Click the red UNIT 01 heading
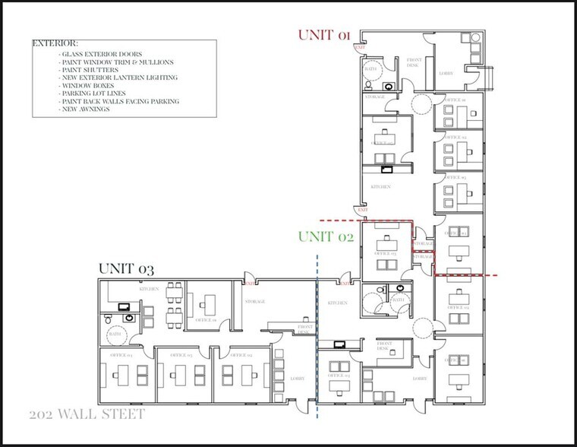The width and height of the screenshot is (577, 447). coord(325,35)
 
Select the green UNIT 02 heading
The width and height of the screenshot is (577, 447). coord(326,236)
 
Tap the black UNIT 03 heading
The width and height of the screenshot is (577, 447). coord(126,269)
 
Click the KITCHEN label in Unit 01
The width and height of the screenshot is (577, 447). coord(380,186)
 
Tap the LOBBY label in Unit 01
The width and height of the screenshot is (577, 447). coord(446,74)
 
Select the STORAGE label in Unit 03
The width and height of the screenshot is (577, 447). coord(254,302)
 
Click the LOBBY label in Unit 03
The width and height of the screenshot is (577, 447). coord(298,378)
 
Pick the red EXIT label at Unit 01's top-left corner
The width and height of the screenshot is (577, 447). coord(361,48)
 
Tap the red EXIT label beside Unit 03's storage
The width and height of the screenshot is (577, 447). coord(248,284)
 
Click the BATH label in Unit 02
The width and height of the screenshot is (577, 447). coord(397,300)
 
